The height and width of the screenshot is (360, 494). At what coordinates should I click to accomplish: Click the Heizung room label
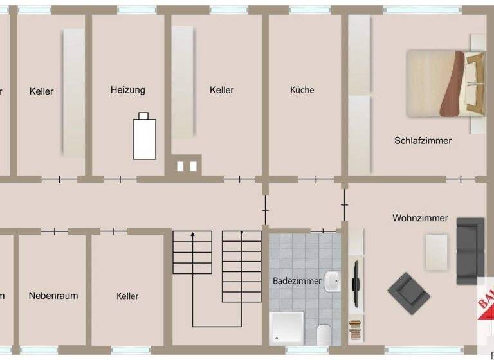127,90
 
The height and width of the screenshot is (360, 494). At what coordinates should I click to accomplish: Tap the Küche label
302,90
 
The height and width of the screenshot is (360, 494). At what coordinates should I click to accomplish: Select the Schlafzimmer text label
423,140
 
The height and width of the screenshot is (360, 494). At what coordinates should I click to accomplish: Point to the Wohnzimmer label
420,218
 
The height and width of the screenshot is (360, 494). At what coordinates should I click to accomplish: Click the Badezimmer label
294,281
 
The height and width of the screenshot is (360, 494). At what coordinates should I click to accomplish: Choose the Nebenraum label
53,296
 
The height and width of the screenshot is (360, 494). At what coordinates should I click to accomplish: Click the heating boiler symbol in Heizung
144,136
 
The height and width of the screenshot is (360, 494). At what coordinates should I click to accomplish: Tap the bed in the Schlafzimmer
444,83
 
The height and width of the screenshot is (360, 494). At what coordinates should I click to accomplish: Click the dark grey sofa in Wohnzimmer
470,251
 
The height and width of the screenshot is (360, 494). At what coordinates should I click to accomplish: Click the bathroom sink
332,281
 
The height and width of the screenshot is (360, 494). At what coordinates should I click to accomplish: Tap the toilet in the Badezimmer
324,334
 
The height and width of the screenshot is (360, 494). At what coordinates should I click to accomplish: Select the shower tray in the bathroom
286,328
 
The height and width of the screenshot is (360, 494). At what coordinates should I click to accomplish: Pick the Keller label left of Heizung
42,91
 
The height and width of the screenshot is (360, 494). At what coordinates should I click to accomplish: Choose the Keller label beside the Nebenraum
127,296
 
